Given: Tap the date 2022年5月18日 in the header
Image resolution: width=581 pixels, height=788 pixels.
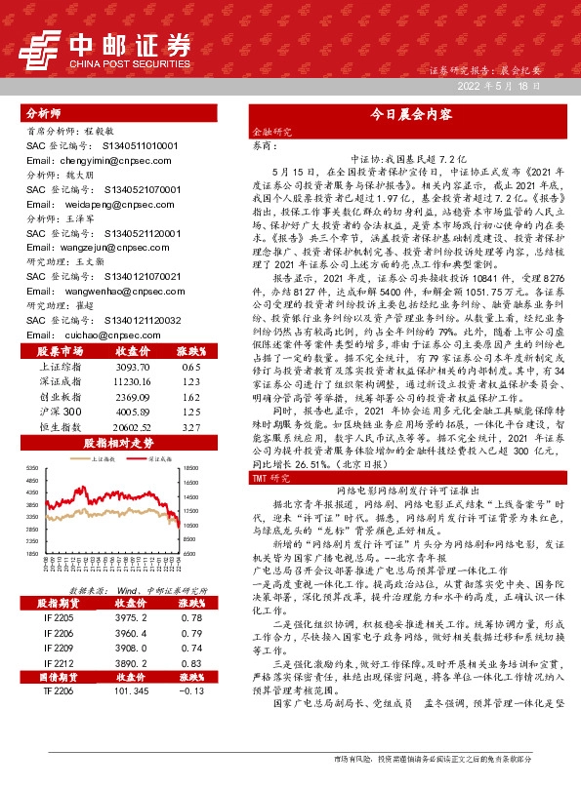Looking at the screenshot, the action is [x=498, y=87].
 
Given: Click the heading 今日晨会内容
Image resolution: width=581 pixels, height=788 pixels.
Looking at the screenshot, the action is [x=409, y=114].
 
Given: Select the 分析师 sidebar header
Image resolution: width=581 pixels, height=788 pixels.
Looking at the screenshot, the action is [x=44, y=113].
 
